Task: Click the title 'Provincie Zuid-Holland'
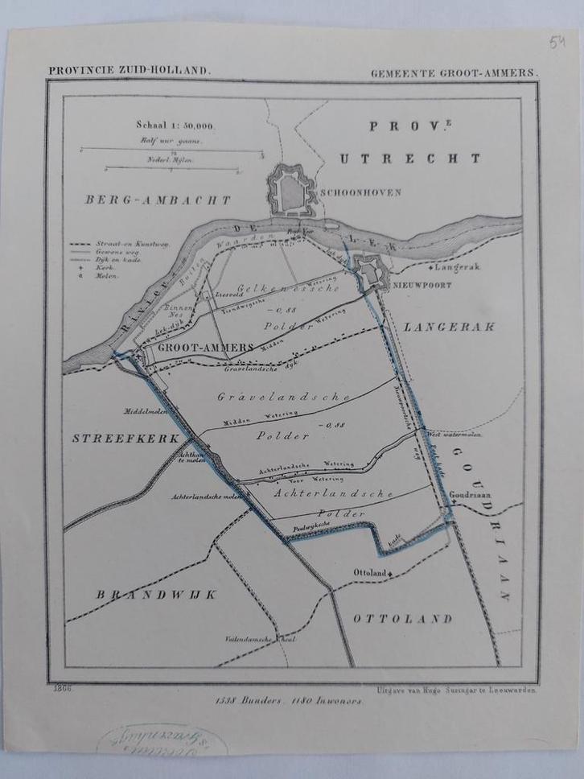click(x=130, y=70)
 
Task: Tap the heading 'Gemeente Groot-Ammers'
click(x=455, y=72)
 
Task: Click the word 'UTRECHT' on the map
click(x=409, y=159)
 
